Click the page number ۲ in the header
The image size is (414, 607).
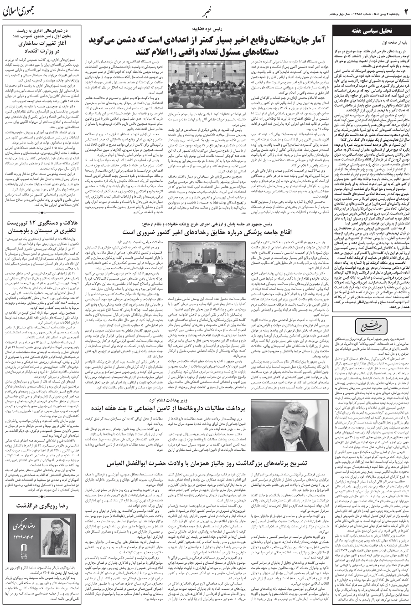(x=405, y=10)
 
